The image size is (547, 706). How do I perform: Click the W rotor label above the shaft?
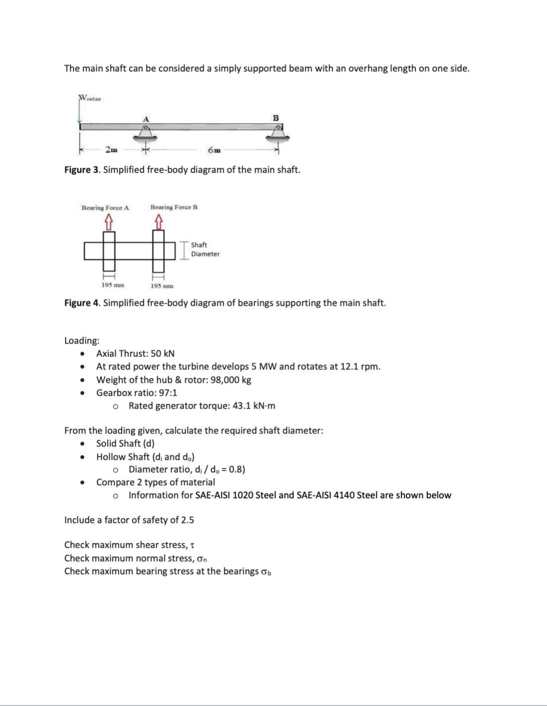pyautogui.click(x=90, y=98)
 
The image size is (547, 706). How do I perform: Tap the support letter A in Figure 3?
pyautogui.click(x=145, y=119)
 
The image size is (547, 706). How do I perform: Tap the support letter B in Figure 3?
pyautogui.click(x=275, y=118)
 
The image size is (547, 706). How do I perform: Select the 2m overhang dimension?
pyautogui.click(x=111, y=149)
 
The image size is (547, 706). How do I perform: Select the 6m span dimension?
pyautogui.click(x=214, y=149)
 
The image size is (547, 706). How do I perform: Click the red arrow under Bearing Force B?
pyautogui.click(x=158, y=219)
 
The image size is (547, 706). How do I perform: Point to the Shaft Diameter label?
pyautogui.click(x=205, y=249)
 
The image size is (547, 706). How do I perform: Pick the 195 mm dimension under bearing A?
pyautogui.click(x=113, y=285)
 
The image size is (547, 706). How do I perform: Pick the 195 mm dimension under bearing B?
pyautogui.click(x=162, y=286)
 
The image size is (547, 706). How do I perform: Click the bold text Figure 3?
pyautogui.click(x=82, y=170)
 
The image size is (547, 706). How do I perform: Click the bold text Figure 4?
pyautogui.click(x=82, y=303)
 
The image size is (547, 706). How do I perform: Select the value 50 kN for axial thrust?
pyautogui.click(x=163, y=353)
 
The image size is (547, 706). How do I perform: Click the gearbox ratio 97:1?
pyautogui.click(x=168, y=393)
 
